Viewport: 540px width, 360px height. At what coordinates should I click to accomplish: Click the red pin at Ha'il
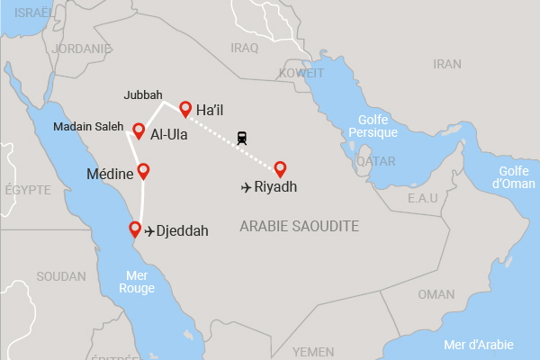185,108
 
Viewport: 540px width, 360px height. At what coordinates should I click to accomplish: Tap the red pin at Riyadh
280,167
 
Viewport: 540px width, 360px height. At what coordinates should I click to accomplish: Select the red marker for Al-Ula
139,130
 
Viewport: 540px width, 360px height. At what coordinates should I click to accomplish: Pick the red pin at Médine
142,170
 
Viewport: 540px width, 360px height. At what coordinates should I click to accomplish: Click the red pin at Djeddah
135,228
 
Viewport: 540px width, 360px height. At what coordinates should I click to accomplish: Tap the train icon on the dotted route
242,139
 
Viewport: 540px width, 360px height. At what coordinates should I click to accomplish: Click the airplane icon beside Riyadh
247,188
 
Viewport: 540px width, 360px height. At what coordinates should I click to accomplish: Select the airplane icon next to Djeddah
149,231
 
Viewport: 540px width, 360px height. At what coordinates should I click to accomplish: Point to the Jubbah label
144,94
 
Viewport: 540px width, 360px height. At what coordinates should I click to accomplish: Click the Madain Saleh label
87,127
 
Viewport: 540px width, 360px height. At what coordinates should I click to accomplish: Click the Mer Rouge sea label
137,282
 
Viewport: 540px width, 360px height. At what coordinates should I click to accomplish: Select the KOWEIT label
301,73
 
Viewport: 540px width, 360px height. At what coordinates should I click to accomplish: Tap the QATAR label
376,161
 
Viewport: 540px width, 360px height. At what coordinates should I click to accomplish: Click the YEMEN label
313,351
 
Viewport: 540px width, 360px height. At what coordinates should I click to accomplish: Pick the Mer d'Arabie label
479,344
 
